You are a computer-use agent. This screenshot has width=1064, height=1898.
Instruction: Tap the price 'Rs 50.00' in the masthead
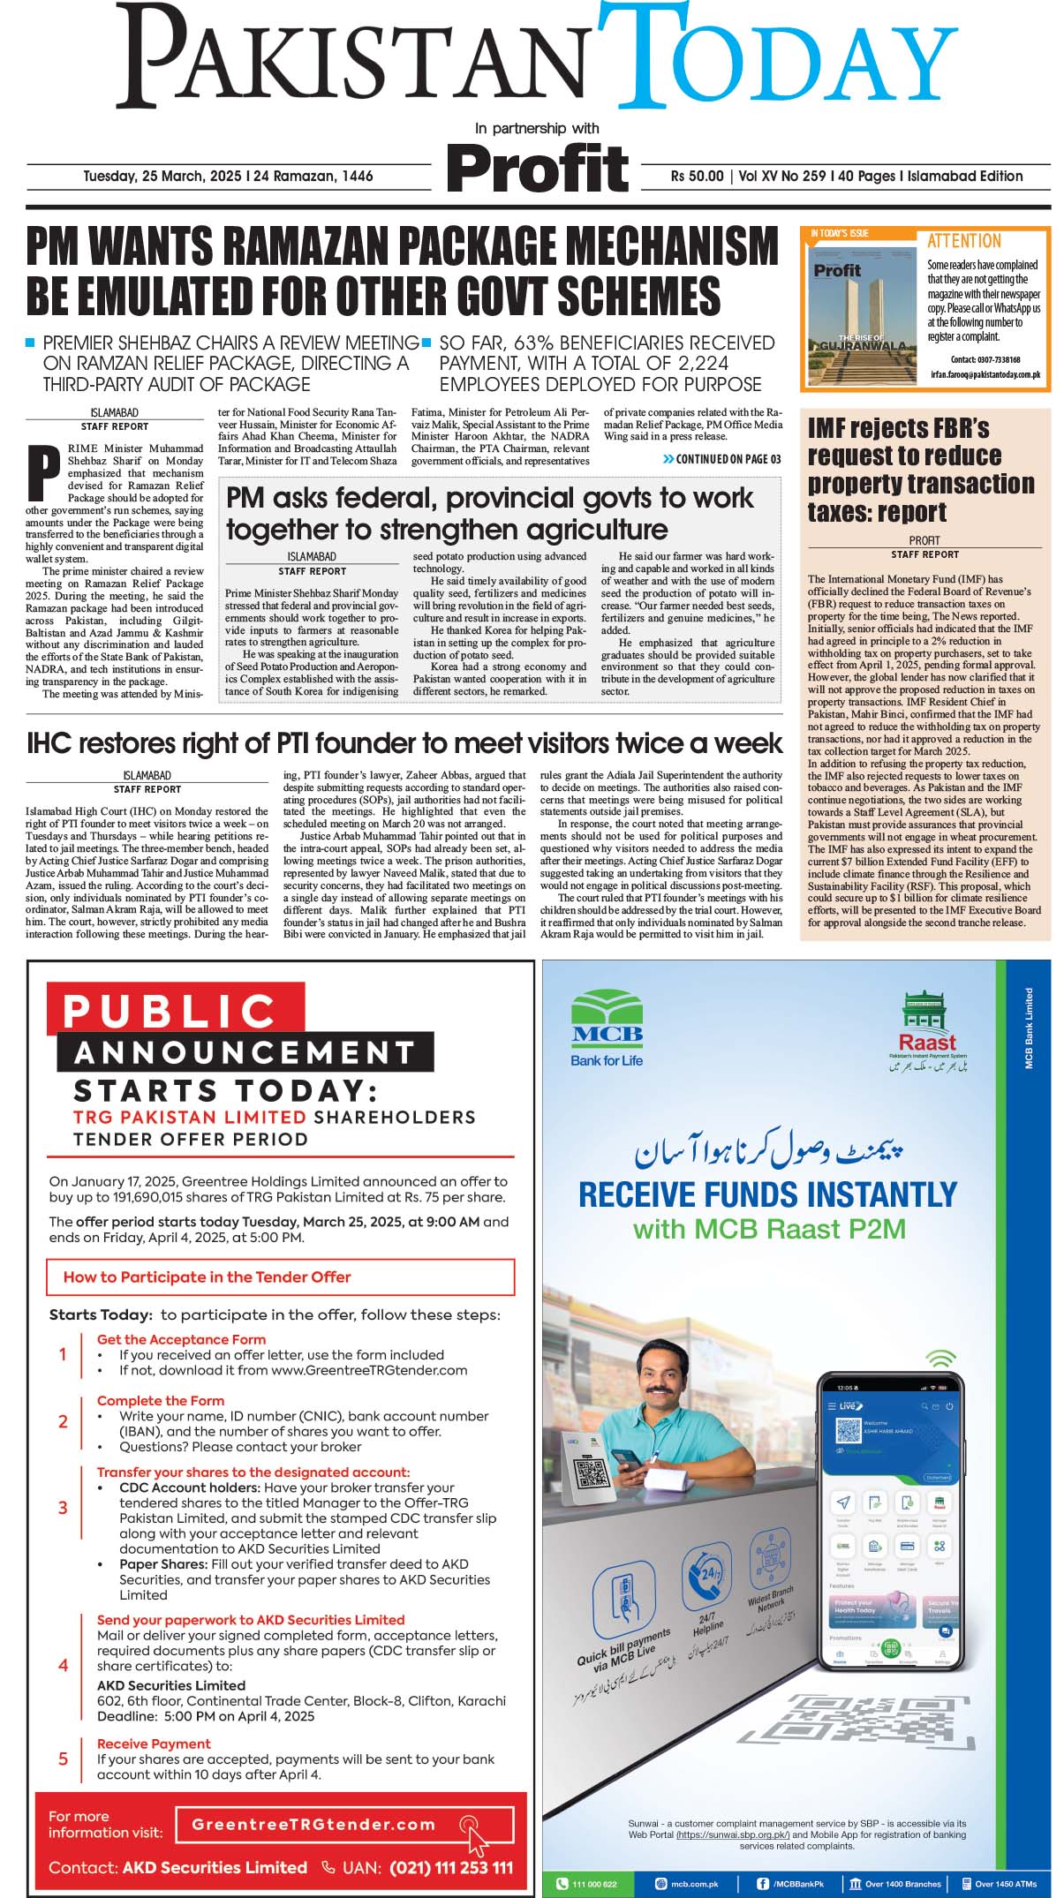697,177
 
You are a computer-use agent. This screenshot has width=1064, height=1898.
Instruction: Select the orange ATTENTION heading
963,241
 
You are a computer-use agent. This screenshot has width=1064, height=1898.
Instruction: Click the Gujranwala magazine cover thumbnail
858,309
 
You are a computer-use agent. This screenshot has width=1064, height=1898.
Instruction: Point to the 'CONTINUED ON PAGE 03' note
721,459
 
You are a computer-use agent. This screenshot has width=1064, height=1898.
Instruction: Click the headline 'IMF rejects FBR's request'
920,470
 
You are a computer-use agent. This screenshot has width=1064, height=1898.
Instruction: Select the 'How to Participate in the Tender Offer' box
279,1277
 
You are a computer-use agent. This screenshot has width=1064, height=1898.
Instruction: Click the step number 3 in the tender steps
63,1508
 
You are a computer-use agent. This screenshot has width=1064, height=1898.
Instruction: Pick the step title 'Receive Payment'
154,1744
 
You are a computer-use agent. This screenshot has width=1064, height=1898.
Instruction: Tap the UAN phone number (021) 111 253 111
450,1867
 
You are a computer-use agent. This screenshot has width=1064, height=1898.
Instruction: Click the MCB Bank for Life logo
607,1028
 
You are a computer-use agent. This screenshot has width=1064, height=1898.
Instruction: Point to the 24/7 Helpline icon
706,1578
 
